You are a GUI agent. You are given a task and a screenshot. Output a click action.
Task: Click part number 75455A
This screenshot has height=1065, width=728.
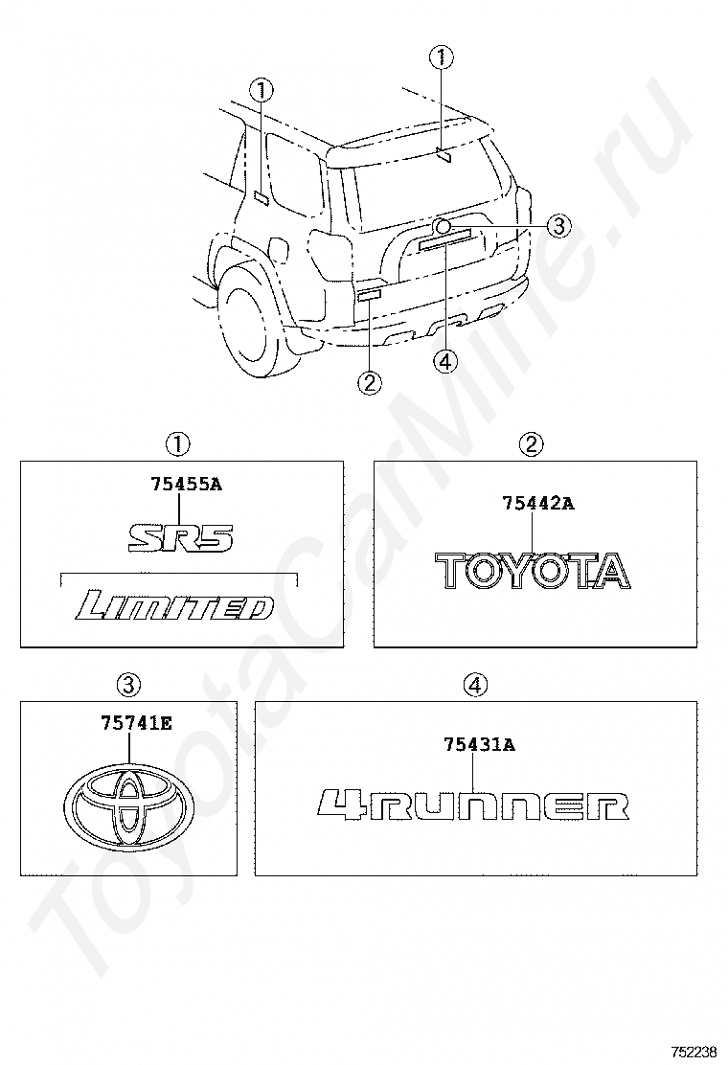click(186, 485)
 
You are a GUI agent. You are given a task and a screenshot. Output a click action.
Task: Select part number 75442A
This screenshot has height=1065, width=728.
click(538, 503)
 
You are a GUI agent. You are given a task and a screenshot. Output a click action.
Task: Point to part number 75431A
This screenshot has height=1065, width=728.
click(479, 744)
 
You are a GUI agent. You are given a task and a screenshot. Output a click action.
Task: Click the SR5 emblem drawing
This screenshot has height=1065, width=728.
click(182, 537)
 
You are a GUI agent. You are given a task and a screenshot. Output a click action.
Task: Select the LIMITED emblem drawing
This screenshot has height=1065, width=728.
click(175, 606)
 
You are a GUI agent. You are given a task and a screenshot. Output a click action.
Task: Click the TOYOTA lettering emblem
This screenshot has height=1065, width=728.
click(534, 570)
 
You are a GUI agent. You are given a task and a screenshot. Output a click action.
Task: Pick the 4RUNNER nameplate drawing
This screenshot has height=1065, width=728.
click(473, 804)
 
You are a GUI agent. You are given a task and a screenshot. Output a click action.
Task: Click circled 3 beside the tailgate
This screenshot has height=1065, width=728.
click(559, 226)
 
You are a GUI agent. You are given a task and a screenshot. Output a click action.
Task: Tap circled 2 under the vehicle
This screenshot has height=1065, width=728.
click(369, 382)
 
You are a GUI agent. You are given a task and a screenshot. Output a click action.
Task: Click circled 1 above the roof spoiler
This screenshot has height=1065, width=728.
click(442, 58)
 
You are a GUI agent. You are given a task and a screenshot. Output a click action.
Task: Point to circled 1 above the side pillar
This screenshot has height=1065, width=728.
click(262, 91)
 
